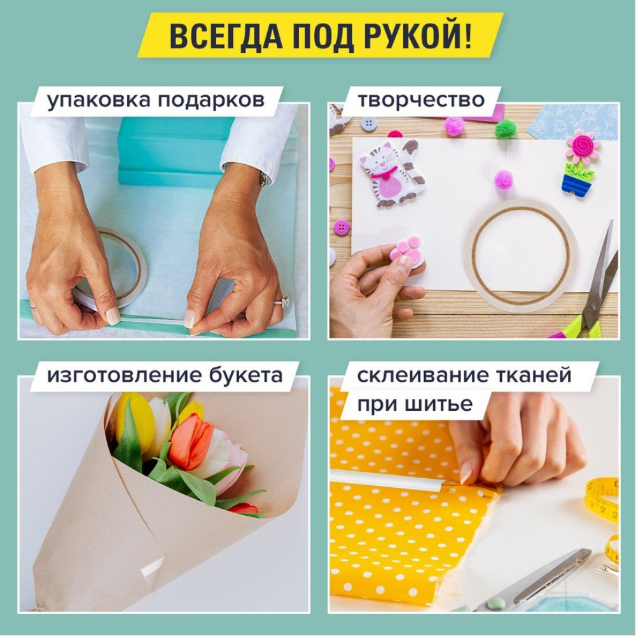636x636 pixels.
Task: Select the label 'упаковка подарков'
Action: (156, 100)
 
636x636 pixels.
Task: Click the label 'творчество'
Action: (420, 100)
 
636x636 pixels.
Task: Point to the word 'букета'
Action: (246, 375)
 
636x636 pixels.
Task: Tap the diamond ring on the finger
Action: (282, 301)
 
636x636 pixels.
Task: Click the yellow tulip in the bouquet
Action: (136, 422)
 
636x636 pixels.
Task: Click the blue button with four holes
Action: (368, 123)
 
